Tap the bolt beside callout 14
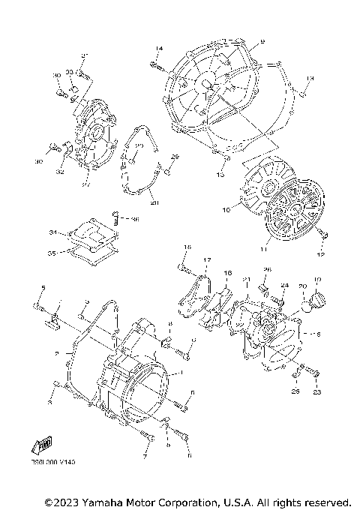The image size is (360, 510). tap(158, 65)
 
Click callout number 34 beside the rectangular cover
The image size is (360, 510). tap(53, 232)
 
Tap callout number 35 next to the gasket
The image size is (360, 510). tap(53, 253)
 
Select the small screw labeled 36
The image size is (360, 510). tap(118, 220)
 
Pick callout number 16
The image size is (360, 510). tap(228, 274)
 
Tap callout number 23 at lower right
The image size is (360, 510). tap(317, 391)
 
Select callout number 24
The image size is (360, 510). tap(285, 286)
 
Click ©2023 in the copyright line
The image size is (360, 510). tap(61, 501)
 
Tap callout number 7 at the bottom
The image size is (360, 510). tap(145, 456)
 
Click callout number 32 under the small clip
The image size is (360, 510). tap(60, 172)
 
